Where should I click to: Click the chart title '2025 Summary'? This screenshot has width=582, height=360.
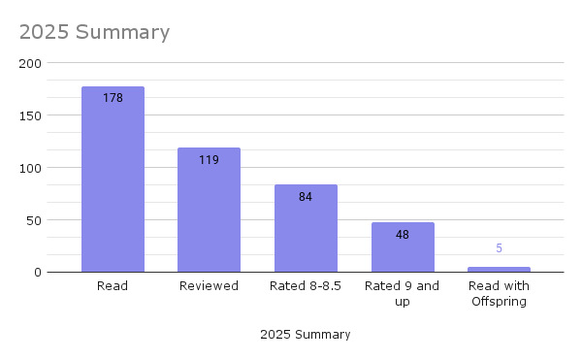coord(94,32)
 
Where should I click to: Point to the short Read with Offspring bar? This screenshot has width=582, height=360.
coord(499,270)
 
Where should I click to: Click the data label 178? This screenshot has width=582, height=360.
coord(113,98)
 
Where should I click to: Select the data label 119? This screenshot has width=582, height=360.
coord(209,159)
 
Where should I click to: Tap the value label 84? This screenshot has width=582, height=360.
coord(306,196)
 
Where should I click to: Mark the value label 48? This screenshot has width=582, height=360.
coord(403,234)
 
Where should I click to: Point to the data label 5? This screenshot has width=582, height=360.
coord(499,248)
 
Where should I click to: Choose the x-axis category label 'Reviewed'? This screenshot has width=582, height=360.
coord(209,286)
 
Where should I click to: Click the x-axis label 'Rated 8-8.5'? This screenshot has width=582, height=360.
coord(306,286)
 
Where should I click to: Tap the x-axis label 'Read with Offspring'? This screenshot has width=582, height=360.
coord(499,294)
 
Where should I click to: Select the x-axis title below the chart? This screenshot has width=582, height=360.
coord(306,335)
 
